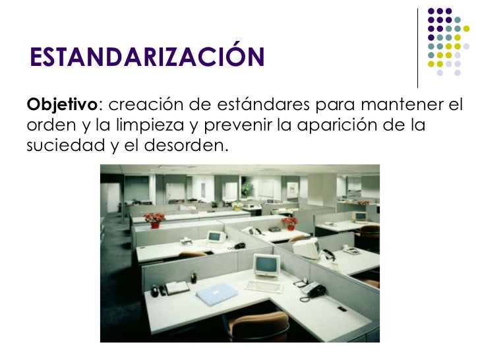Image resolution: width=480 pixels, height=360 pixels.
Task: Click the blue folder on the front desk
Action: [218, 295]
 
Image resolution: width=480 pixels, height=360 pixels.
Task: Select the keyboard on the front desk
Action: [263, 286]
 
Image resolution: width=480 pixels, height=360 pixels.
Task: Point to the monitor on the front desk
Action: [267, 265]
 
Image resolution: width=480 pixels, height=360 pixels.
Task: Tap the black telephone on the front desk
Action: [312, 289]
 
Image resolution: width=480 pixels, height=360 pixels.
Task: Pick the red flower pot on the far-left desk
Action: [155, 220]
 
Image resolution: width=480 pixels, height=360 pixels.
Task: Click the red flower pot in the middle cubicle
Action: [289, 223]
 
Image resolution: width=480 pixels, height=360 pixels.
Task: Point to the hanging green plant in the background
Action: [247, 189]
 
